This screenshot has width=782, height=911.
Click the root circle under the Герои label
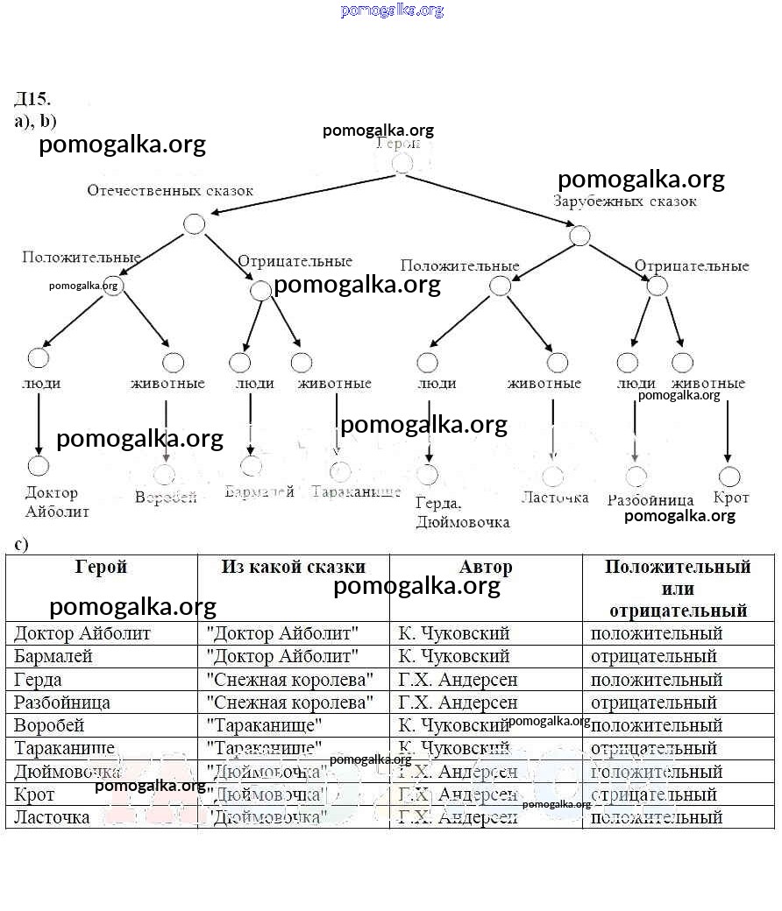[402, 164]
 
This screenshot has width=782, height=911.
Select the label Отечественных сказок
[170, 190]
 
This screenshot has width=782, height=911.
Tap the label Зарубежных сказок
[625, 201]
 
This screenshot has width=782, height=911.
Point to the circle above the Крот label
[729, 477]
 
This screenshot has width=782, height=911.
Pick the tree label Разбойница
[650, 500]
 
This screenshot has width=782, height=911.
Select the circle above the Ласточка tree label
[553, 477]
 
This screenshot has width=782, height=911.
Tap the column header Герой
[101, 567]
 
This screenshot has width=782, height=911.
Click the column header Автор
[485, 567]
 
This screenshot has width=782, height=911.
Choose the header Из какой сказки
[293, 567]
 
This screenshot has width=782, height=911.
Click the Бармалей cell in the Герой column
[53, 656]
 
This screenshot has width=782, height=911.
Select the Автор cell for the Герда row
[458, 679]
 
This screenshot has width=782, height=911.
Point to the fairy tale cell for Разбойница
[289, 703]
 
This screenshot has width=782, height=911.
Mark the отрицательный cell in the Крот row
[653, 794]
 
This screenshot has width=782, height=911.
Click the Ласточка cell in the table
[52, 817]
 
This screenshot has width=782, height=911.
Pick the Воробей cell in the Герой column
[49, 725]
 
